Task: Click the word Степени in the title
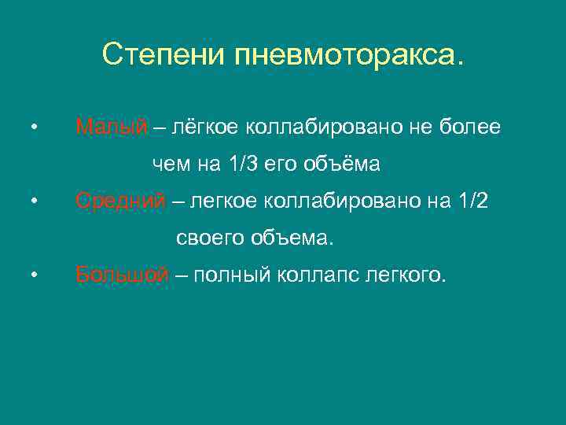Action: pyautogui.click(x=164, y=55)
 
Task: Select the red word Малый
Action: pyautogui.click(x=112, y=128)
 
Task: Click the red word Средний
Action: pyautogui.click(x=120, y=201)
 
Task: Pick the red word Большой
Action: pyautogui.click(x=122, y=275)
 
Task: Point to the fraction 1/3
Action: pyautogui.click(x=243, y=164)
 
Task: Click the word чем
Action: pyautogui.click(x=167, y=164)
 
